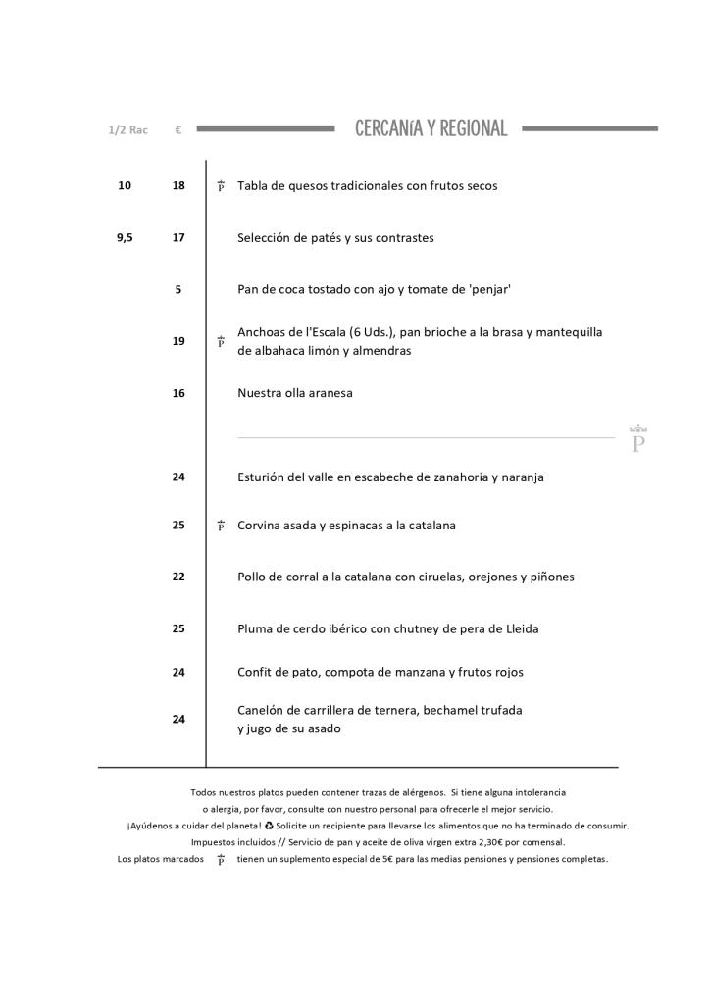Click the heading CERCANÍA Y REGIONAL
pos(431,128)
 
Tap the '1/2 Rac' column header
pos(127,129)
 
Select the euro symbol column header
pos(178,129)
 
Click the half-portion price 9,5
pos(125,237)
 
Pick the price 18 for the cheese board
pos(178,185)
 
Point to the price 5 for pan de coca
pos(178,289)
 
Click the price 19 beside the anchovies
pos(178,341)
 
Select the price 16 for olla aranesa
pos(178,393)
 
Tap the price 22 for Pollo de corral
pos(178,577)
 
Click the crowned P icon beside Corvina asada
pos(221,526)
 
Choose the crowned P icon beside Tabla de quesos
pos(221,186)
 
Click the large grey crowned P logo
pos(638,439)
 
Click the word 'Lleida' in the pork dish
pos(519,628)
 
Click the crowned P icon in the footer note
pos(221,860)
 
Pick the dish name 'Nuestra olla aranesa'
pos(294,393)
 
